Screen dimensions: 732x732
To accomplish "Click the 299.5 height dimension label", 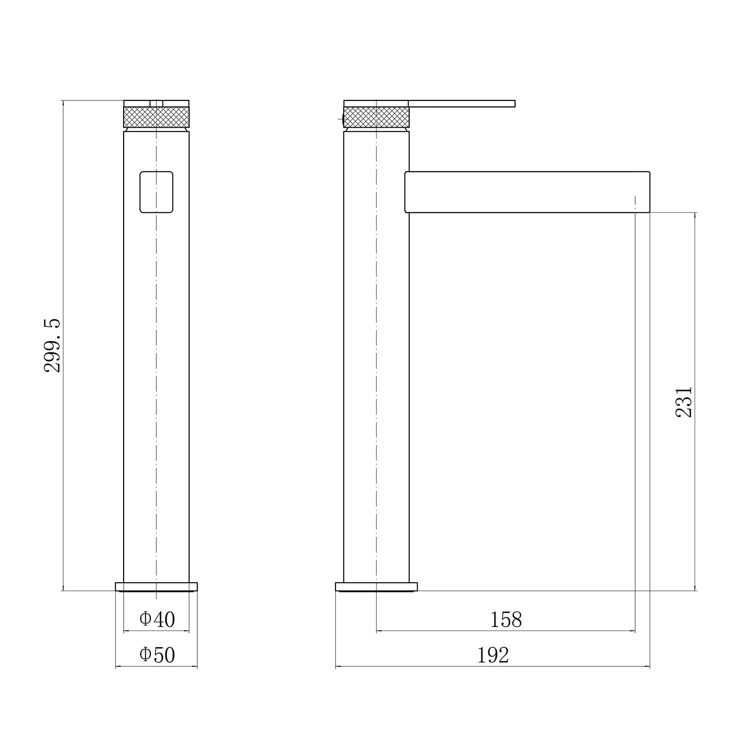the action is pyautogui.click(x=52, y=345).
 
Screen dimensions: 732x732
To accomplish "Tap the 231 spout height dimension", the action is pyautogui.click(x=684, y=402).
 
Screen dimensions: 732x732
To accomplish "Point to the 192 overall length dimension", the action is pyautogui.click(x=493, y=655).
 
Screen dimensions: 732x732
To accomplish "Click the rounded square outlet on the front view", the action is pyautogui.click(x=156, y=192).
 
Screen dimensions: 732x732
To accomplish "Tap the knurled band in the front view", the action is pyautogui.click(x=156, y=117).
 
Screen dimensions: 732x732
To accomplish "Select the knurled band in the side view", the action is pyautogui.click(x=376, y=117).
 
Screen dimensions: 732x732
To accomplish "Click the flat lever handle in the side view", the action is pyautogui.click(x=462, y=103).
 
